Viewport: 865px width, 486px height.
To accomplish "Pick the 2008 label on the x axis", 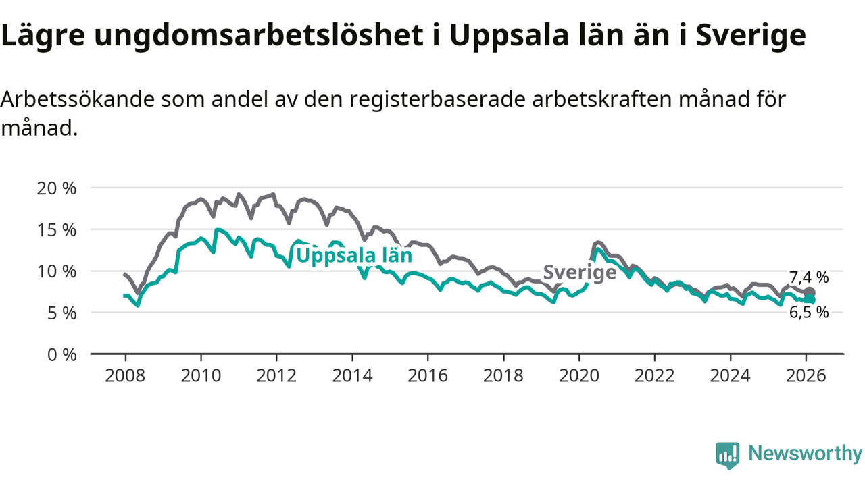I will coord(125,375).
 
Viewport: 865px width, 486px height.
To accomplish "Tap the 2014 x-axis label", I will coord(352,375).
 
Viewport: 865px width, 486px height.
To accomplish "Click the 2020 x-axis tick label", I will coord(579,375).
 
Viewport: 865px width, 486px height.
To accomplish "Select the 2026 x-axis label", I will coord(806,375).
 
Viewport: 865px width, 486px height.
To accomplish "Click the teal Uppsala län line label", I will coord(354,256).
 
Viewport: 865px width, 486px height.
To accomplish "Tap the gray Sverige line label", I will coord(580,272).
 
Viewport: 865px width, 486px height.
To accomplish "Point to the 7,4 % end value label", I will coord(809,277).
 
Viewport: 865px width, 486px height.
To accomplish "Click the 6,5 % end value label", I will coord(809,313).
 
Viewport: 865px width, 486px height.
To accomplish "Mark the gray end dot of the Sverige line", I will coord(810,292).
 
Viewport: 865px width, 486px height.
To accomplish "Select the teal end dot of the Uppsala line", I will coord(810,300).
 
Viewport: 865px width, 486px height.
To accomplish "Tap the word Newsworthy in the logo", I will coord(805,454).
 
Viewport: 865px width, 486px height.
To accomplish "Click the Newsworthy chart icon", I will coord(727,455).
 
